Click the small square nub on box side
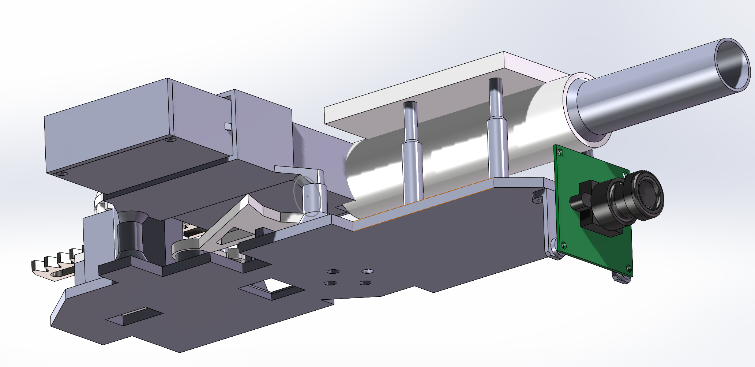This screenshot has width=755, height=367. (x=228, y=127)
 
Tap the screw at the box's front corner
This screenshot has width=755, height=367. (x=62, y=173)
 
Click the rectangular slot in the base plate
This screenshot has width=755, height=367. (x=135, y=317)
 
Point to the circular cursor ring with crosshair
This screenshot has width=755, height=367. (x=307, y=196)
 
